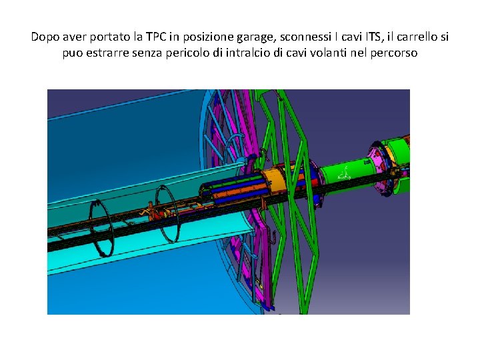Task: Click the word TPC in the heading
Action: [x=156, y=37]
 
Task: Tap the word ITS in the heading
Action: [x=373, y=37]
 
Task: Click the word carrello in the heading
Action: [x=417, y=37]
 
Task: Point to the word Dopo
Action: [x=45, y=37]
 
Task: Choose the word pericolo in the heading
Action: [x=187, y=53]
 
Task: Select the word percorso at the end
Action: [x=394, y=53]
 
